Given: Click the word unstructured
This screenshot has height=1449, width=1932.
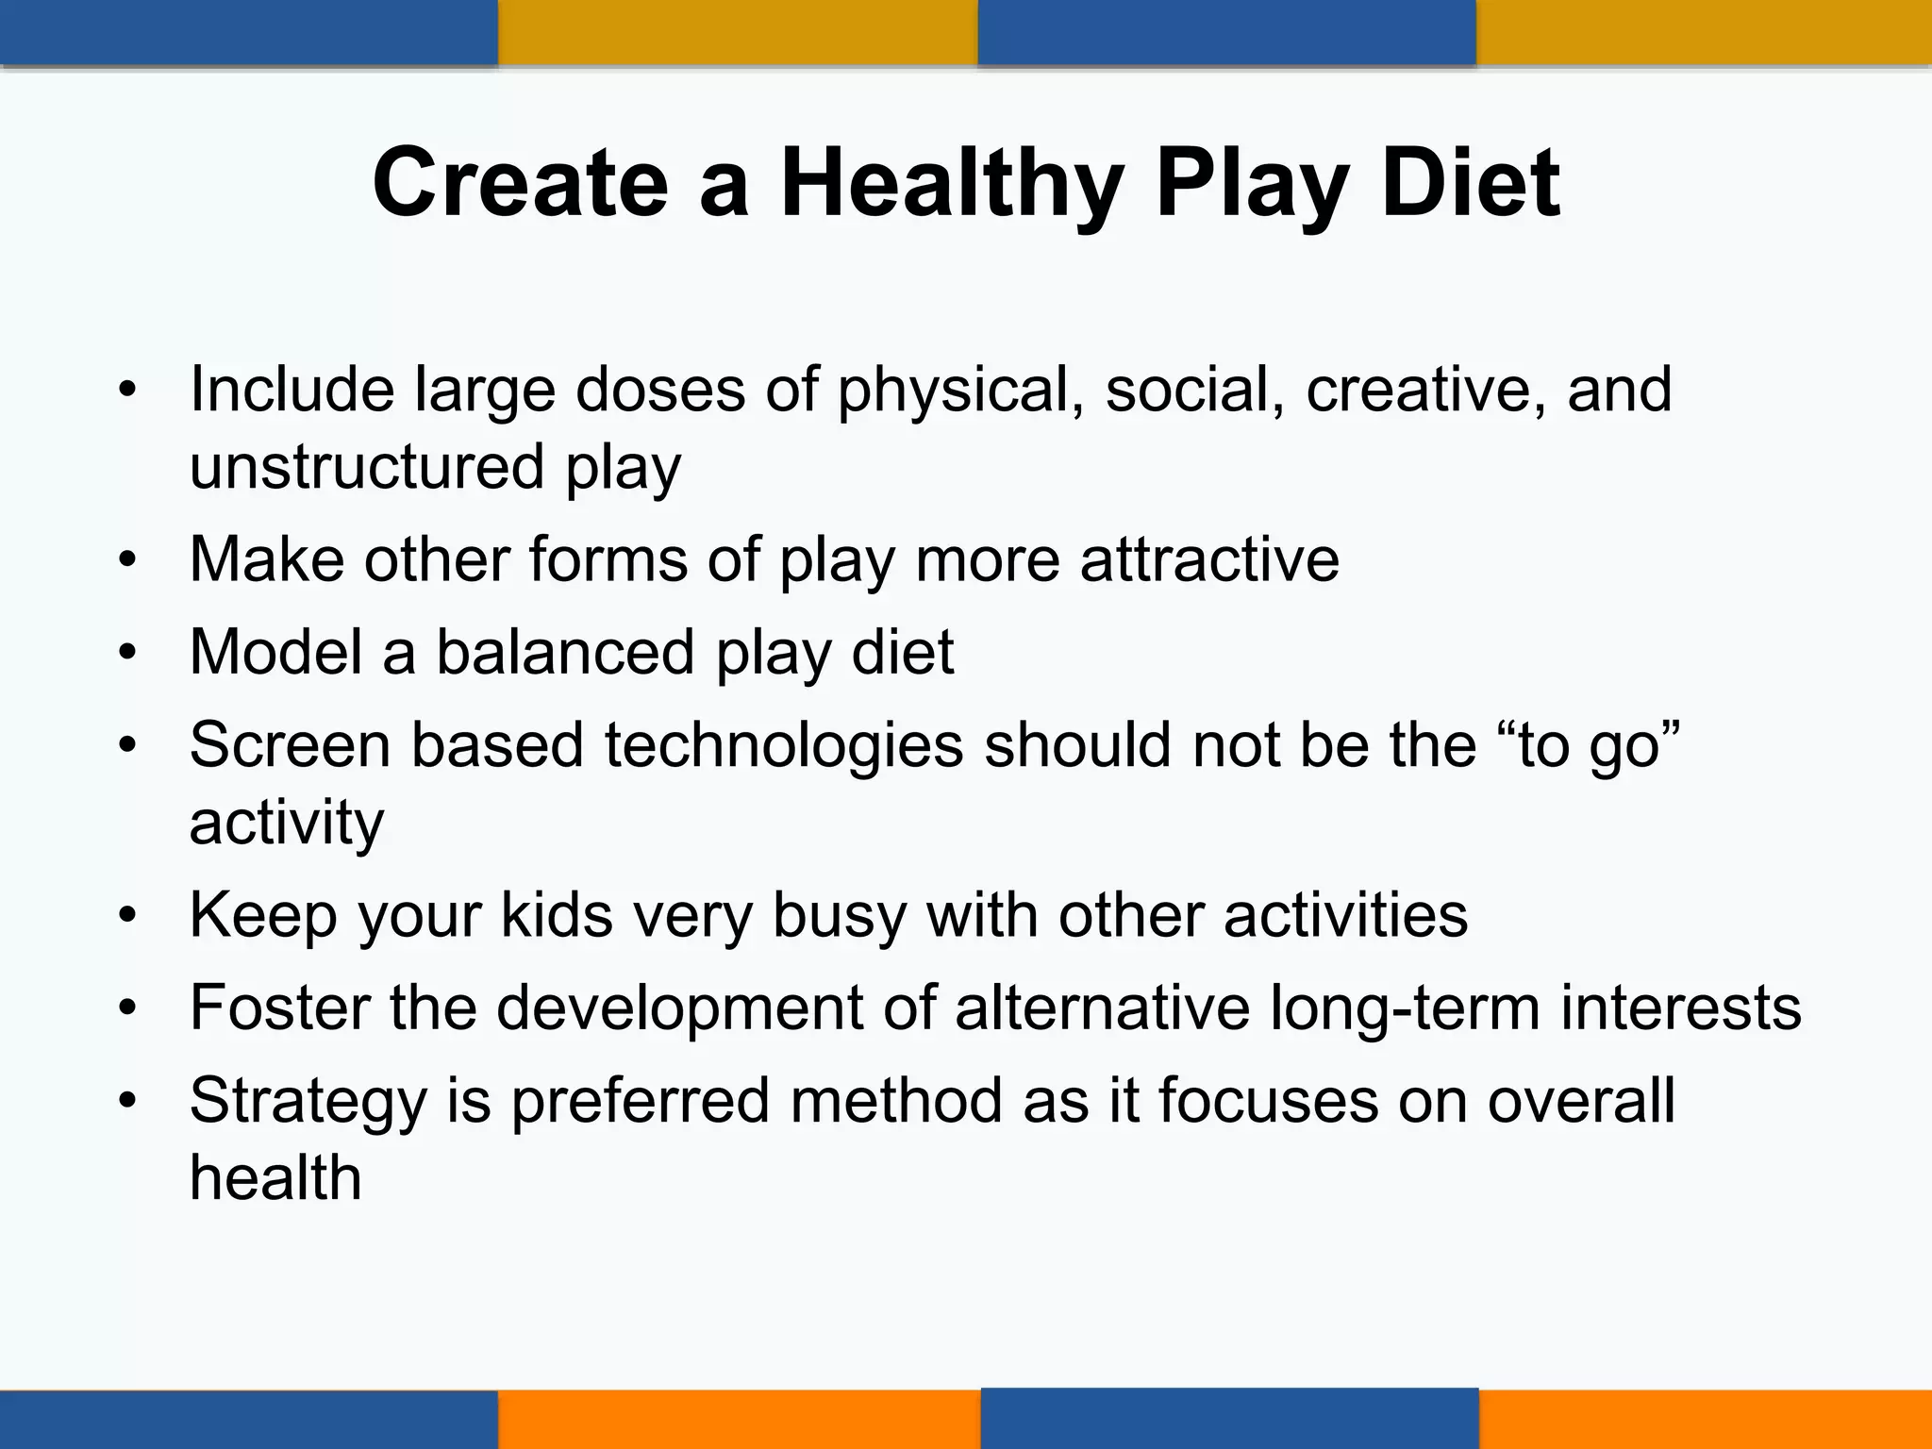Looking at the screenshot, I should click(x=367, y=466).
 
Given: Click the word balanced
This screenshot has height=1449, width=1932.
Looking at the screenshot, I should click(x=564, y=652).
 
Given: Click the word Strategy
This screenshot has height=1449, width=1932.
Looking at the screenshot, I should click(x=308, y=1102).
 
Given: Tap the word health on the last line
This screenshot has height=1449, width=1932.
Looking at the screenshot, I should click(x=275, y=1177).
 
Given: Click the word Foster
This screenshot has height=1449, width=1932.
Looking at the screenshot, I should click(x=279, y=1008).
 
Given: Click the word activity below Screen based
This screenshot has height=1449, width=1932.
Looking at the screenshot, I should click(x=286, y=823).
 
